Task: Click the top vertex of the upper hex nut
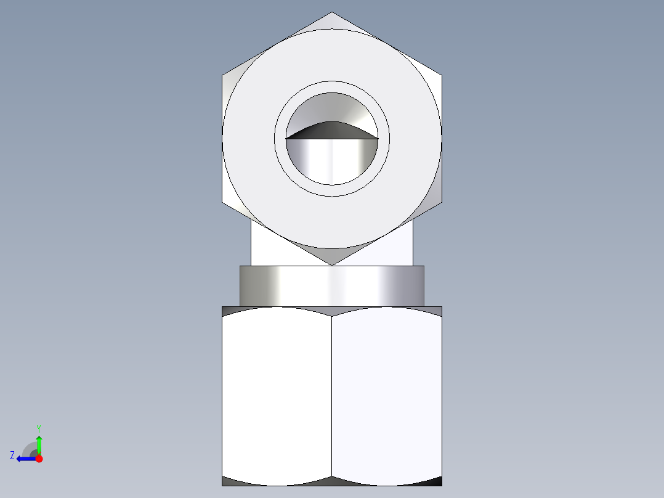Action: tap(332, 13)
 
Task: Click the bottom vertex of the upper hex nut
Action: tap(332, 264)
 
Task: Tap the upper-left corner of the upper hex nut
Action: tap(223, 76)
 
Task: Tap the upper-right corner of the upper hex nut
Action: tap(441, 76)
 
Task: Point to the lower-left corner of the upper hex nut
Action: tap(223, 202)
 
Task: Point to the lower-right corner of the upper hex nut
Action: tap(441, 202)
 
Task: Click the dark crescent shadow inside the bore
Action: tap(331, 130)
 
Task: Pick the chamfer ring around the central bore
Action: tap(332, 87)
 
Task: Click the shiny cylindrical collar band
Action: tap(332, 285)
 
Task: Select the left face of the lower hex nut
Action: tap(277, 394)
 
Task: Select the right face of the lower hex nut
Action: tap(387, 394)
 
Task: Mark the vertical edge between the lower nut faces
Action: tap(332, 394)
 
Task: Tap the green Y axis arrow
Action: tap(39, 442)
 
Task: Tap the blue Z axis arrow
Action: tap(25, 459)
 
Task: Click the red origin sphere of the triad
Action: tap(39, 459)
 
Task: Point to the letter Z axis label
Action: tap(12, 455)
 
